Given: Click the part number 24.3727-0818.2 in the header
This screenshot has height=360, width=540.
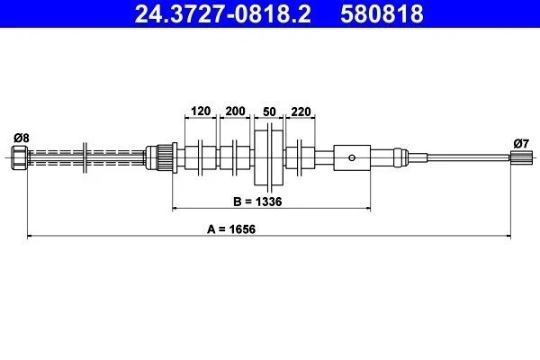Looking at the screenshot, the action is (x=223, y=13).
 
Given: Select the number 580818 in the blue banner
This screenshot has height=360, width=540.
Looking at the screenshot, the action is (x=382, y=13).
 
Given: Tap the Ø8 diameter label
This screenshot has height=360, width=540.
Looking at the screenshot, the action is (x=22, y=138).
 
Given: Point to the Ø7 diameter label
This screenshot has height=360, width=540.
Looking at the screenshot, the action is (x=521, y=143).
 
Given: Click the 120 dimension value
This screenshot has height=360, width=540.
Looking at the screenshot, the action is (x=201, y=111).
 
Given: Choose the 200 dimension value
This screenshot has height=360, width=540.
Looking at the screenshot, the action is (x=235, y=111).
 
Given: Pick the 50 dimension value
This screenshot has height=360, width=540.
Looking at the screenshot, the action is (x=269, y=112).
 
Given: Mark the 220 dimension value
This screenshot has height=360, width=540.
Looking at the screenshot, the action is (x=301, y=112).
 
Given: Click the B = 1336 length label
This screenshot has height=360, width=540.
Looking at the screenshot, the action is (x=257, y=202).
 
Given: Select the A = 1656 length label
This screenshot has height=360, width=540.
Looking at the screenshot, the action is (x=231, y=229).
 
